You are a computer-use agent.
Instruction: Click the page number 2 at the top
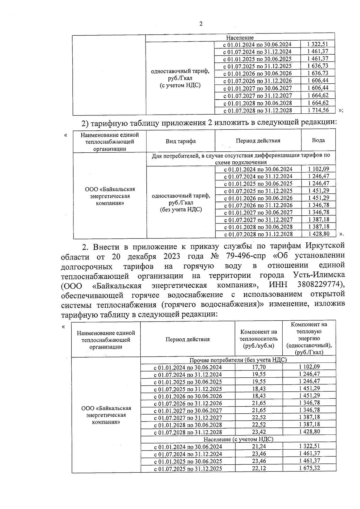tap(201, 24)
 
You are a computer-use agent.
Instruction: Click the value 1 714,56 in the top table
tap(318, 110)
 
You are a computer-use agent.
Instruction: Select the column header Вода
tap(318, 140)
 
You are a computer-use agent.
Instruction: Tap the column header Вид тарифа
tap(181, 141)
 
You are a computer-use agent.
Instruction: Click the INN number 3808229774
tap(321, 284)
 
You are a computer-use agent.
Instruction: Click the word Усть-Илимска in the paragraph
tap(318, 275)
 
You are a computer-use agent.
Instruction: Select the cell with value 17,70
tap(259, 367)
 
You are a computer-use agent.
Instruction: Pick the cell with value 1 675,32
tap(309, 468)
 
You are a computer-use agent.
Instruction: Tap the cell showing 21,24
tap(259, 447)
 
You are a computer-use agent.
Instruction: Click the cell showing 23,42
tap(259, 432)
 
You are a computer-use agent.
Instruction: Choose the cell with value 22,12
tap(259, 469)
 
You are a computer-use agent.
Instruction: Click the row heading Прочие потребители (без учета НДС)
tap(238, 360)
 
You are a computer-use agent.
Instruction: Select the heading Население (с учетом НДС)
tap(238, 439)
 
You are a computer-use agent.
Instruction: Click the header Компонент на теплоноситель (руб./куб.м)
tap(259, 339)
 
